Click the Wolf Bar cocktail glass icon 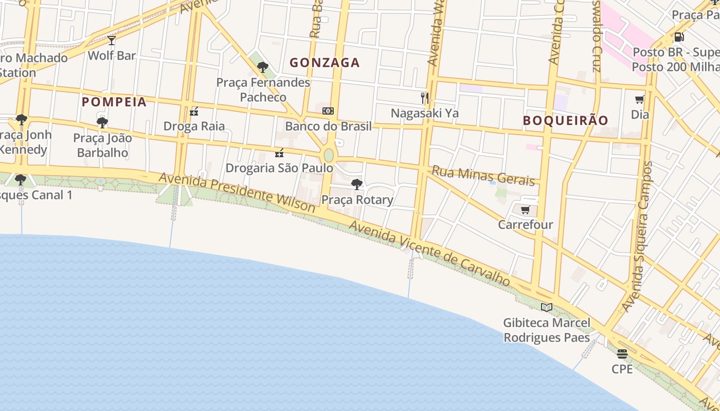tap(112, 40)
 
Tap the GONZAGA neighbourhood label tap(325, 63)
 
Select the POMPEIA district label tap(114, 102)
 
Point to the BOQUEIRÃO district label tap(566, 120)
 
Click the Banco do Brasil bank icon tap(328, 111)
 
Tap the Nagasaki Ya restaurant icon tap(425, 98)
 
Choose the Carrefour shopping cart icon tap(525, 210)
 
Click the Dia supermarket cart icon tap(639, 100)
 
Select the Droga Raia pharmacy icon tap(194, 111)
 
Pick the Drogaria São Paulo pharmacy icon tap(279, 153)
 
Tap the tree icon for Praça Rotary tap(356, 184)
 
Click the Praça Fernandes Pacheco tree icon tap(263, 67)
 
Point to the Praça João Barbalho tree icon tap(102, 122)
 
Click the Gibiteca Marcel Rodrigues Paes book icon tap(546, 307)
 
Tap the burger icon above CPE tap(622, 353)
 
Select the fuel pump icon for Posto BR tap(679, 37)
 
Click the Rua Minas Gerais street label tap(483, 175)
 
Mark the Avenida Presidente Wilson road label tap(237, 193)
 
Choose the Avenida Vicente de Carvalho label tap(429, 253)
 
